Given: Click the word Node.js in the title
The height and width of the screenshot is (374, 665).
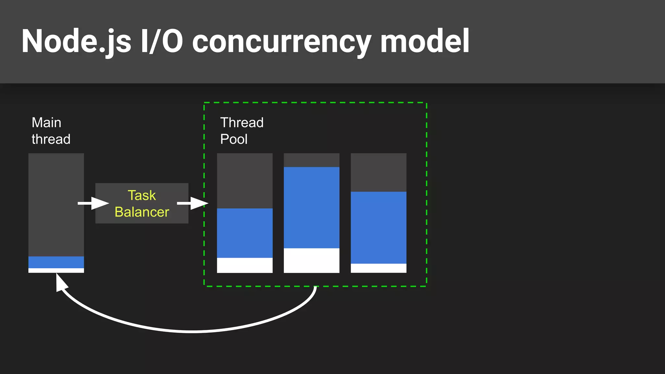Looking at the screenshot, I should point(76,41).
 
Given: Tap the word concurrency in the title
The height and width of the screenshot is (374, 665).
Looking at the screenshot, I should point(281,41).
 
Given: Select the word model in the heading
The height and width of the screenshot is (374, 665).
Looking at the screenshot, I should point(424,41).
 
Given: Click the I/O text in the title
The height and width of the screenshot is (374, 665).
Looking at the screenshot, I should point(161,41).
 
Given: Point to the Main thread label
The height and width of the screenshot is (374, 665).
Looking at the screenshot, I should point(51,131).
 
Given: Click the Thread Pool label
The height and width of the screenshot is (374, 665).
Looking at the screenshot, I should point(242,131).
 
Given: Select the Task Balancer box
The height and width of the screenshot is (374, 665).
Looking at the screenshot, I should point(142,204).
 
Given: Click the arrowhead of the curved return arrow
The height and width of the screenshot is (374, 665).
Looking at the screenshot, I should point(61,282).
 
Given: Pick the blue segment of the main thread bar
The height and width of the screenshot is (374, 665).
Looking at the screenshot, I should point(56,262).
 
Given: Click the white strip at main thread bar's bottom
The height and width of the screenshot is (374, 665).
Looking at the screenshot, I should point(56,270).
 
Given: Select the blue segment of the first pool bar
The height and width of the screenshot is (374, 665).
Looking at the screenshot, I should point(245,233).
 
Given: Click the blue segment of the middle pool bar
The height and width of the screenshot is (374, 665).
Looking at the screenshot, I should point(311,208).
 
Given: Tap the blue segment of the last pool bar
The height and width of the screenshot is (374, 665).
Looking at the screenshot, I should point(378,227).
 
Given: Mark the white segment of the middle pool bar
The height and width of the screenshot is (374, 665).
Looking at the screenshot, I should point(311,260).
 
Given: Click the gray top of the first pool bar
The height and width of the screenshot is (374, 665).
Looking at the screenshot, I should point(245,181).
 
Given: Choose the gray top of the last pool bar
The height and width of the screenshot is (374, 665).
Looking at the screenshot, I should point(378,172).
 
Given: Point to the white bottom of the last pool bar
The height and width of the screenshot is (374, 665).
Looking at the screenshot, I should point(378,268).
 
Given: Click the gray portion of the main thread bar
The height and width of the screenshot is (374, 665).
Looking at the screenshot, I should point(56,205).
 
